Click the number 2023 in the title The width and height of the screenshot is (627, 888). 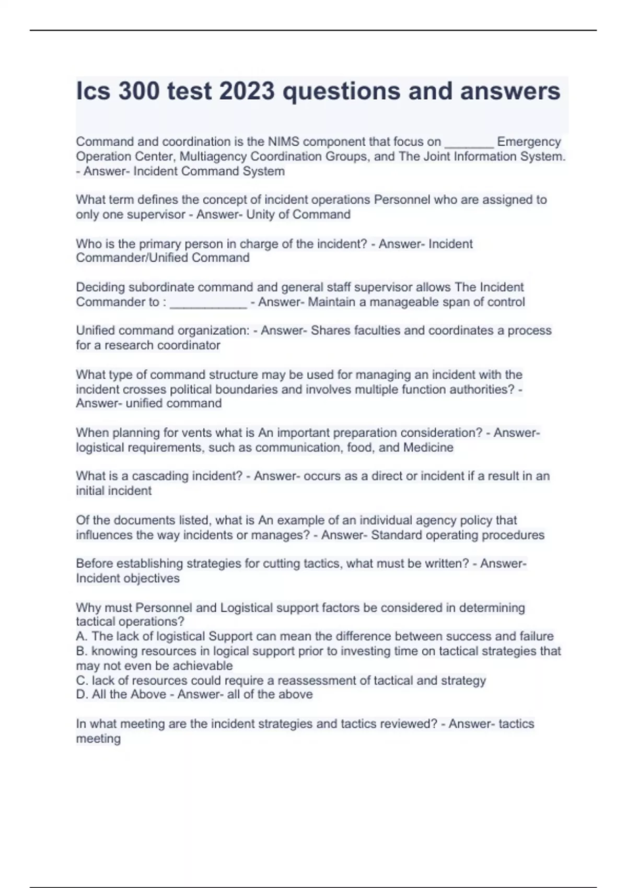[x=247, y=91]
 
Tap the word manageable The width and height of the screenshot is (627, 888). [x=408, y=302]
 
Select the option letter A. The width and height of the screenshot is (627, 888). [x=81, y=637]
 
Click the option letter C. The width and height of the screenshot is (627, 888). [x=81, y=681]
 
